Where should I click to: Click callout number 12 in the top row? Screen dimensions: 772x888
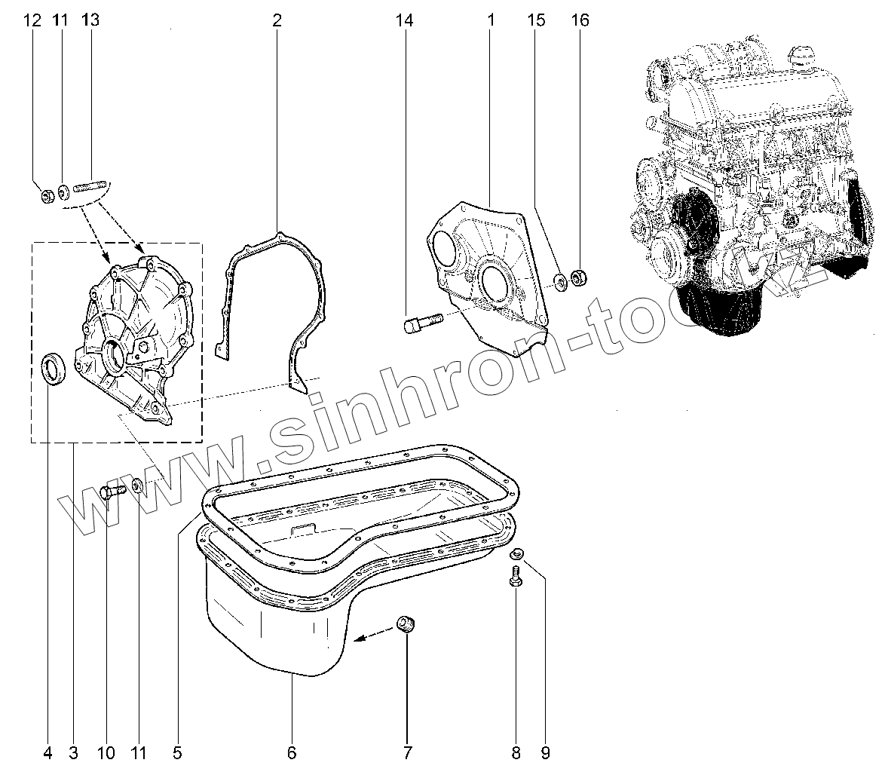32,21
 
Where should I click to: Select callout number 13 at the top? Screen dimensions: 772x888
90,21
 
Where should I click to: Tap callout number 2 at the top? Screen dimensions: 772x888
277,21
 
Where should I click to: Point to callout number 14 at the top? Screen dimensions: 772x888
405,21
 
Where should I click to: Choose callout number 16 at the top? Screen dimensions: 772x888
580,21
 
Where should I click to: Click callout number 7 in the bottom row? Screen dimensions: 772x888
407,752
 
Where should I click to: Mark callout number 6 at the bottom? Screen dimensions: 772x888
292,752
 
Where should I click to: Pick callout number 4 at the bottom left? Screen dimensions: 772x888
48,752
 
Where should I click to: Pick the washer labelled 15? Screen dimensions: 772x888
561,283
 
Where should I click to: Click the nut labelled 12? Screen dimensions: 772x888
47,197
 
